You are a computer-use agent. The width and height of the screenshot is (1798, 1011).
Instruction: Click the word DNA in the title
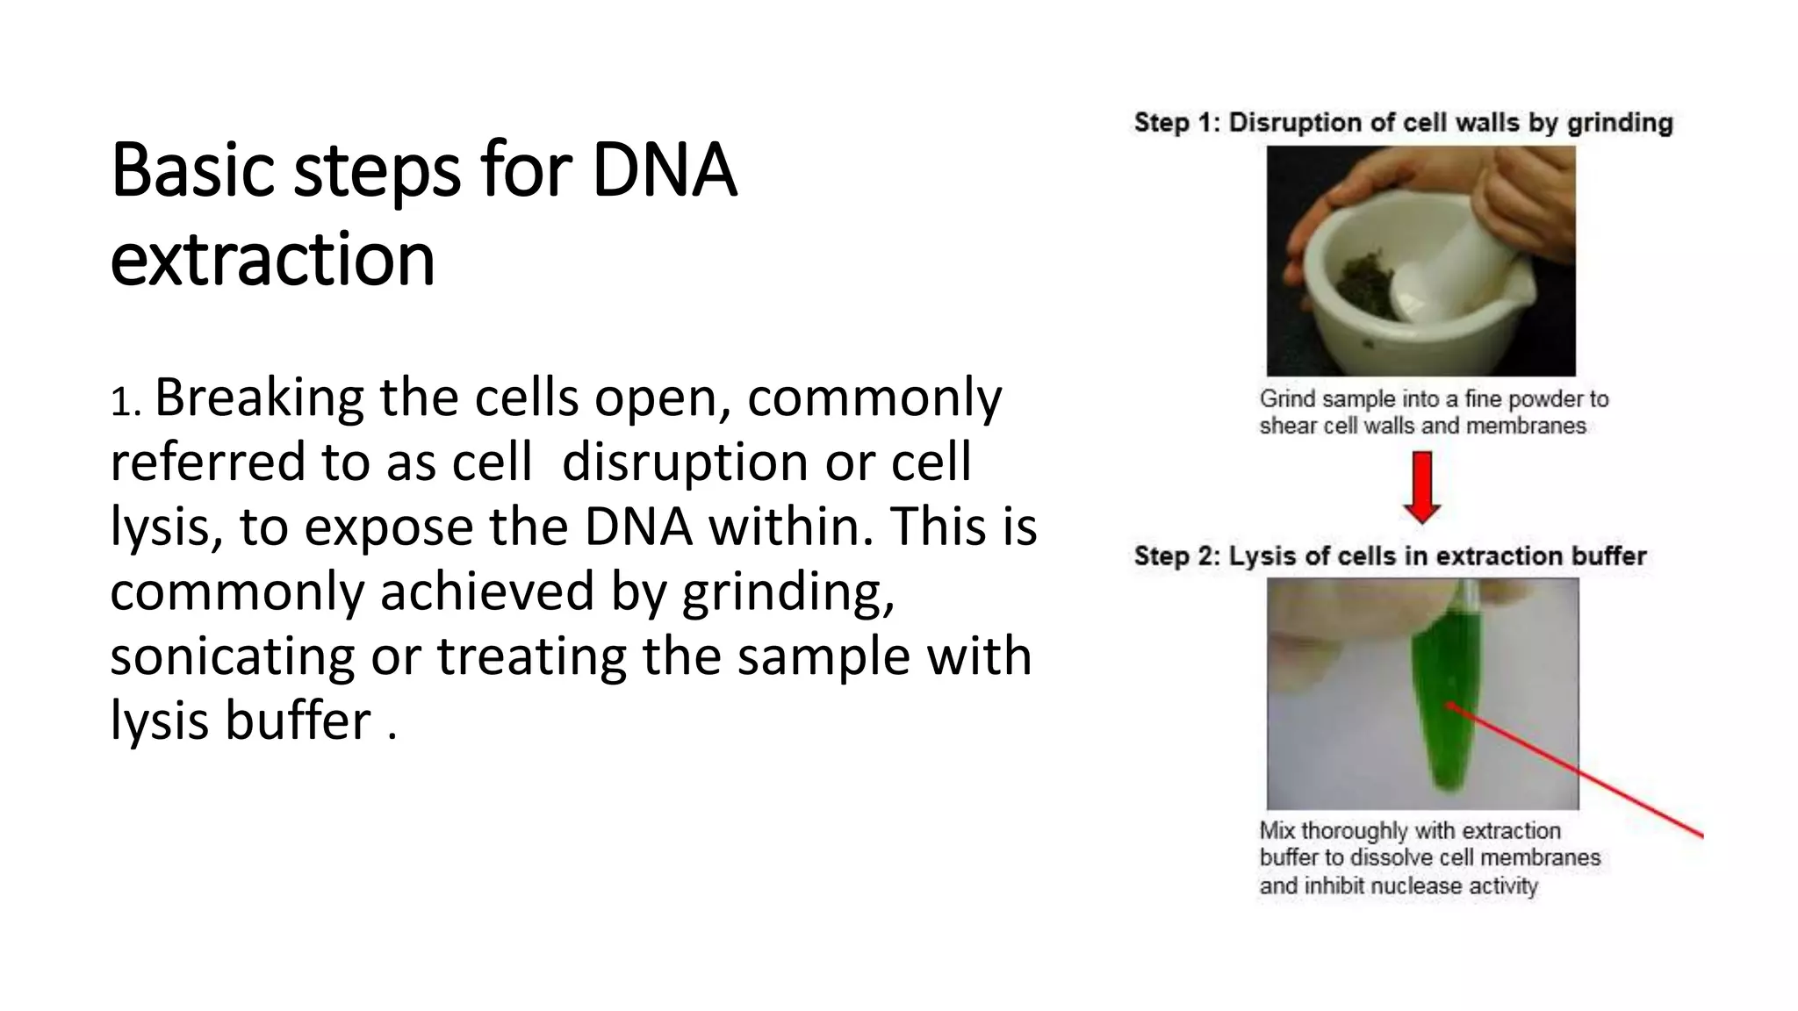pos(664,171)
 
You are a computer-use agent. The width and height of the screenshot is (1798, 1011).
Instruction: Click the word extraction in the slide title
pos(272,260)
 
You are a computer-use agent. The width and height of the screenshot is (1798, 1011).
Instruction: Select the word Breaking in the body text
pos(259,398)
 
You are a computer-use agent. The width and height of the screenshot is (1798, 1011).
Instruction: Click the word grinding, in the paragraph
pos(788,592)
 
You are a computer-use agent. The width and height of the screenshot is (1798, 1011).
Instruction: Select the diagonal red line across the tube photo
pos(1580,772)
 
